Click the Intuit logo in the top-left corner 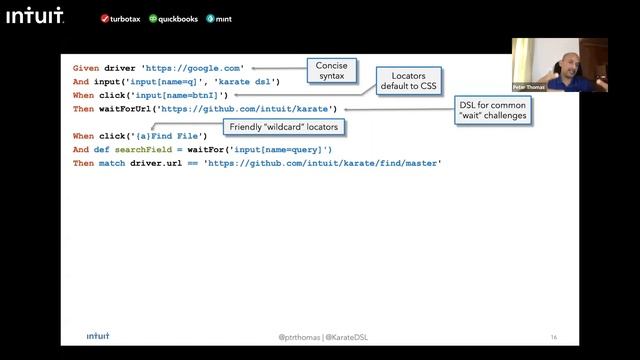tap(33, 15)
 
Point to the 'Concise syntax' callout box tap(331, 70)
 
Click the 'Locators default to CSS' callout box tap(409, 81)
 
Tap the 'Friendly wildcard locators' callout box tap(284, 127)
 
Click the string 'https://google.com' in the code tap(194, 68)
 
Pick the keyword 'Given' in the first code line tap(86, 68)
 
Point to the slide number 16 tap(553, 337)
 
